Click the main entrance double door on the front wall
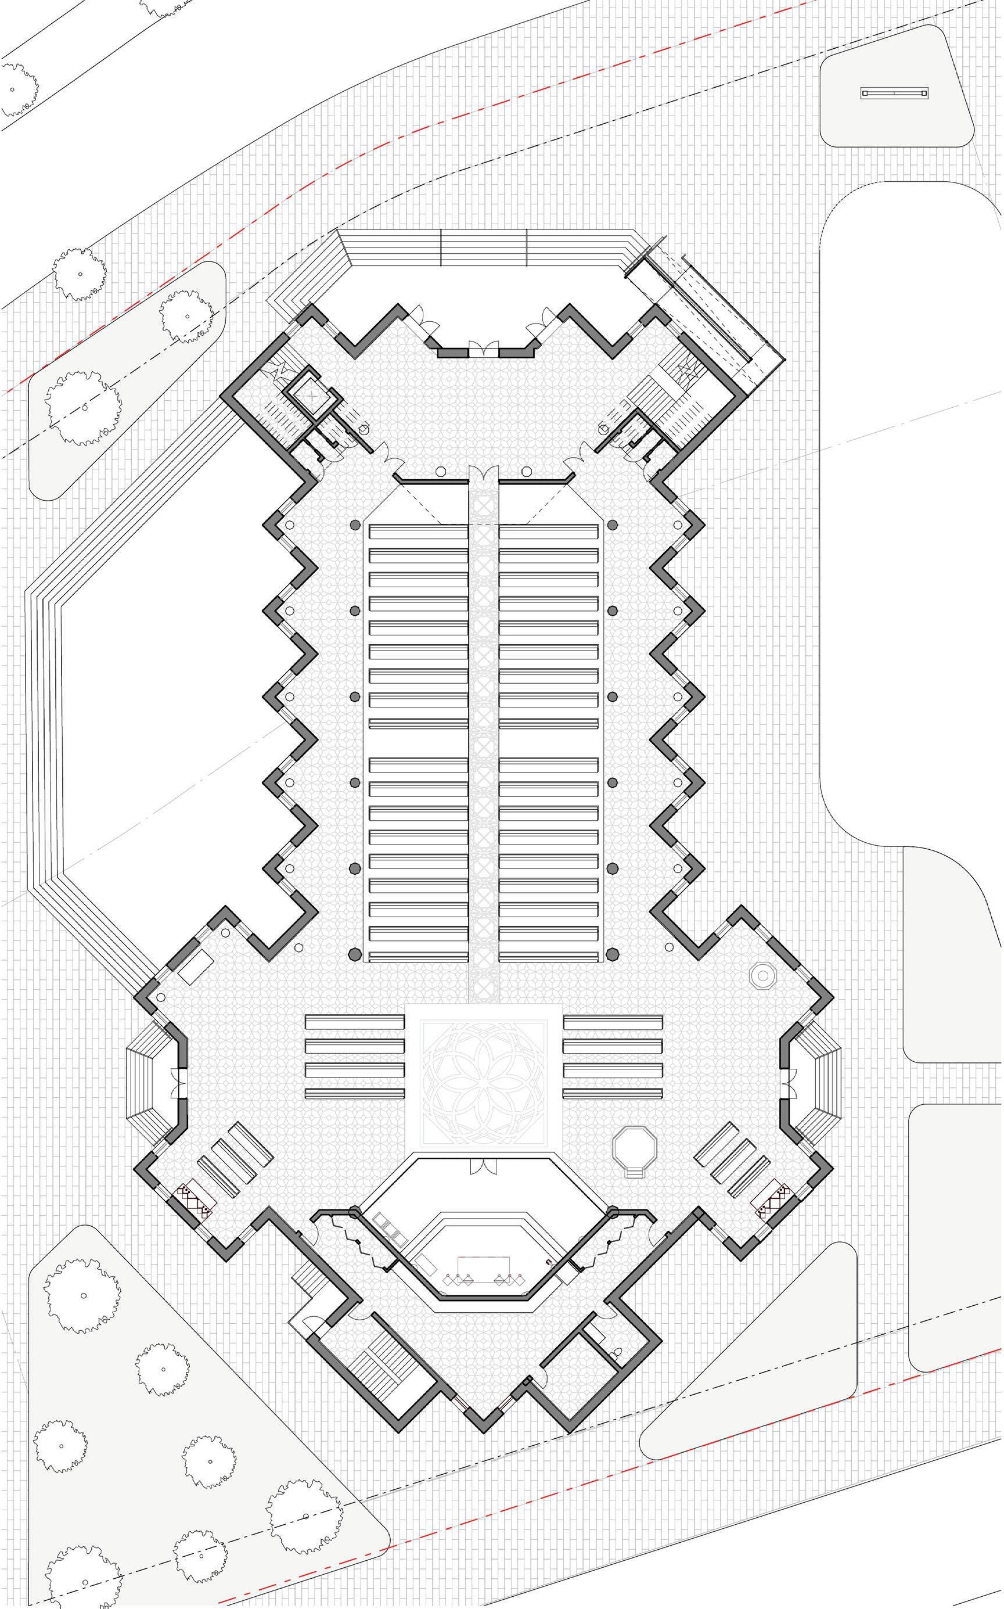pos(483,349)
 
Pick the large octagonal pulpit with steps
pos(635,1147)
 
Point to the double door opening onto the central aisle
pos(483,473)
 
